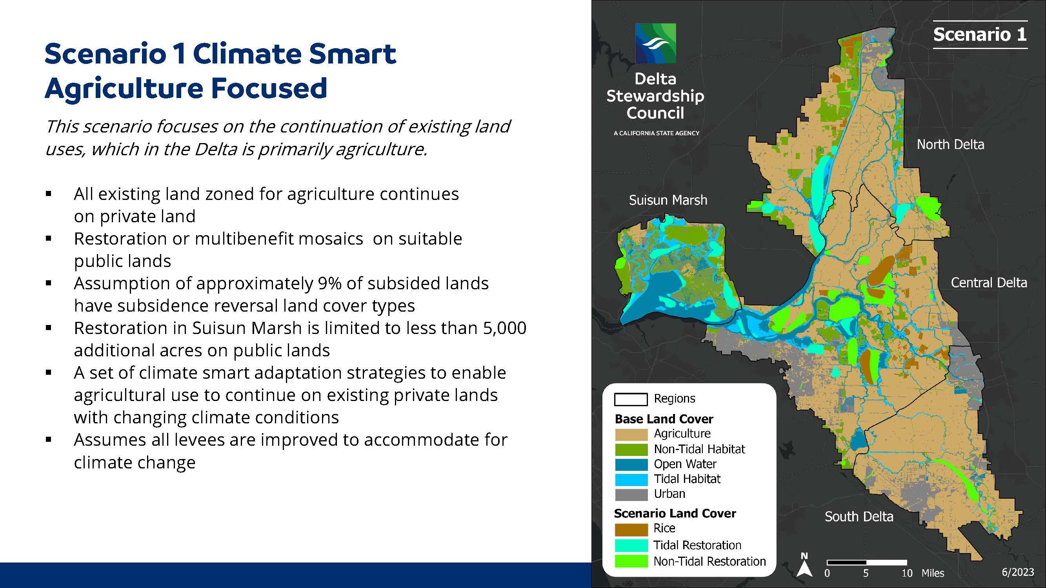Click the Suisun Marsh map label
[x=668, y=200]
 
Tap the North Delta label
[x=950, y=145]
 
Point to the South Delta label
[x=859, y=517]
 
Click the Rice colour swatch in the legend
[x=631, y=530]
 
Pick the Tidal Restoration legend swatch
[x=631, y=545]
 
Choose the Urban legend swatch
[x=631, y=495]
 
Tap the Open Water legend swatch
[x=631, y=464]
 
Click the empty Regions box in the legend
[x=631, y=399]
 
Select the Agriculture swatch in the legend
[x=631, y=435]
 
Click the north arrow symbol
[x=804, y=565]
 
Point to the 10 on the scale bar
[x=907, y=573]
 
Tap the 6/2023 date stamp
[x=1018, y=572]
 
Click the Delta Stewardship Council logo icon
[x=655, y=43]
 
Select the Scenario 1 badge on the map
[x=980, y=34]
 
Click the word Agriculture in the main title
[x=124, y=89]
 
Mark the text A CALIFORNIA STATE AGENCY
[x=657, y=133]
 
